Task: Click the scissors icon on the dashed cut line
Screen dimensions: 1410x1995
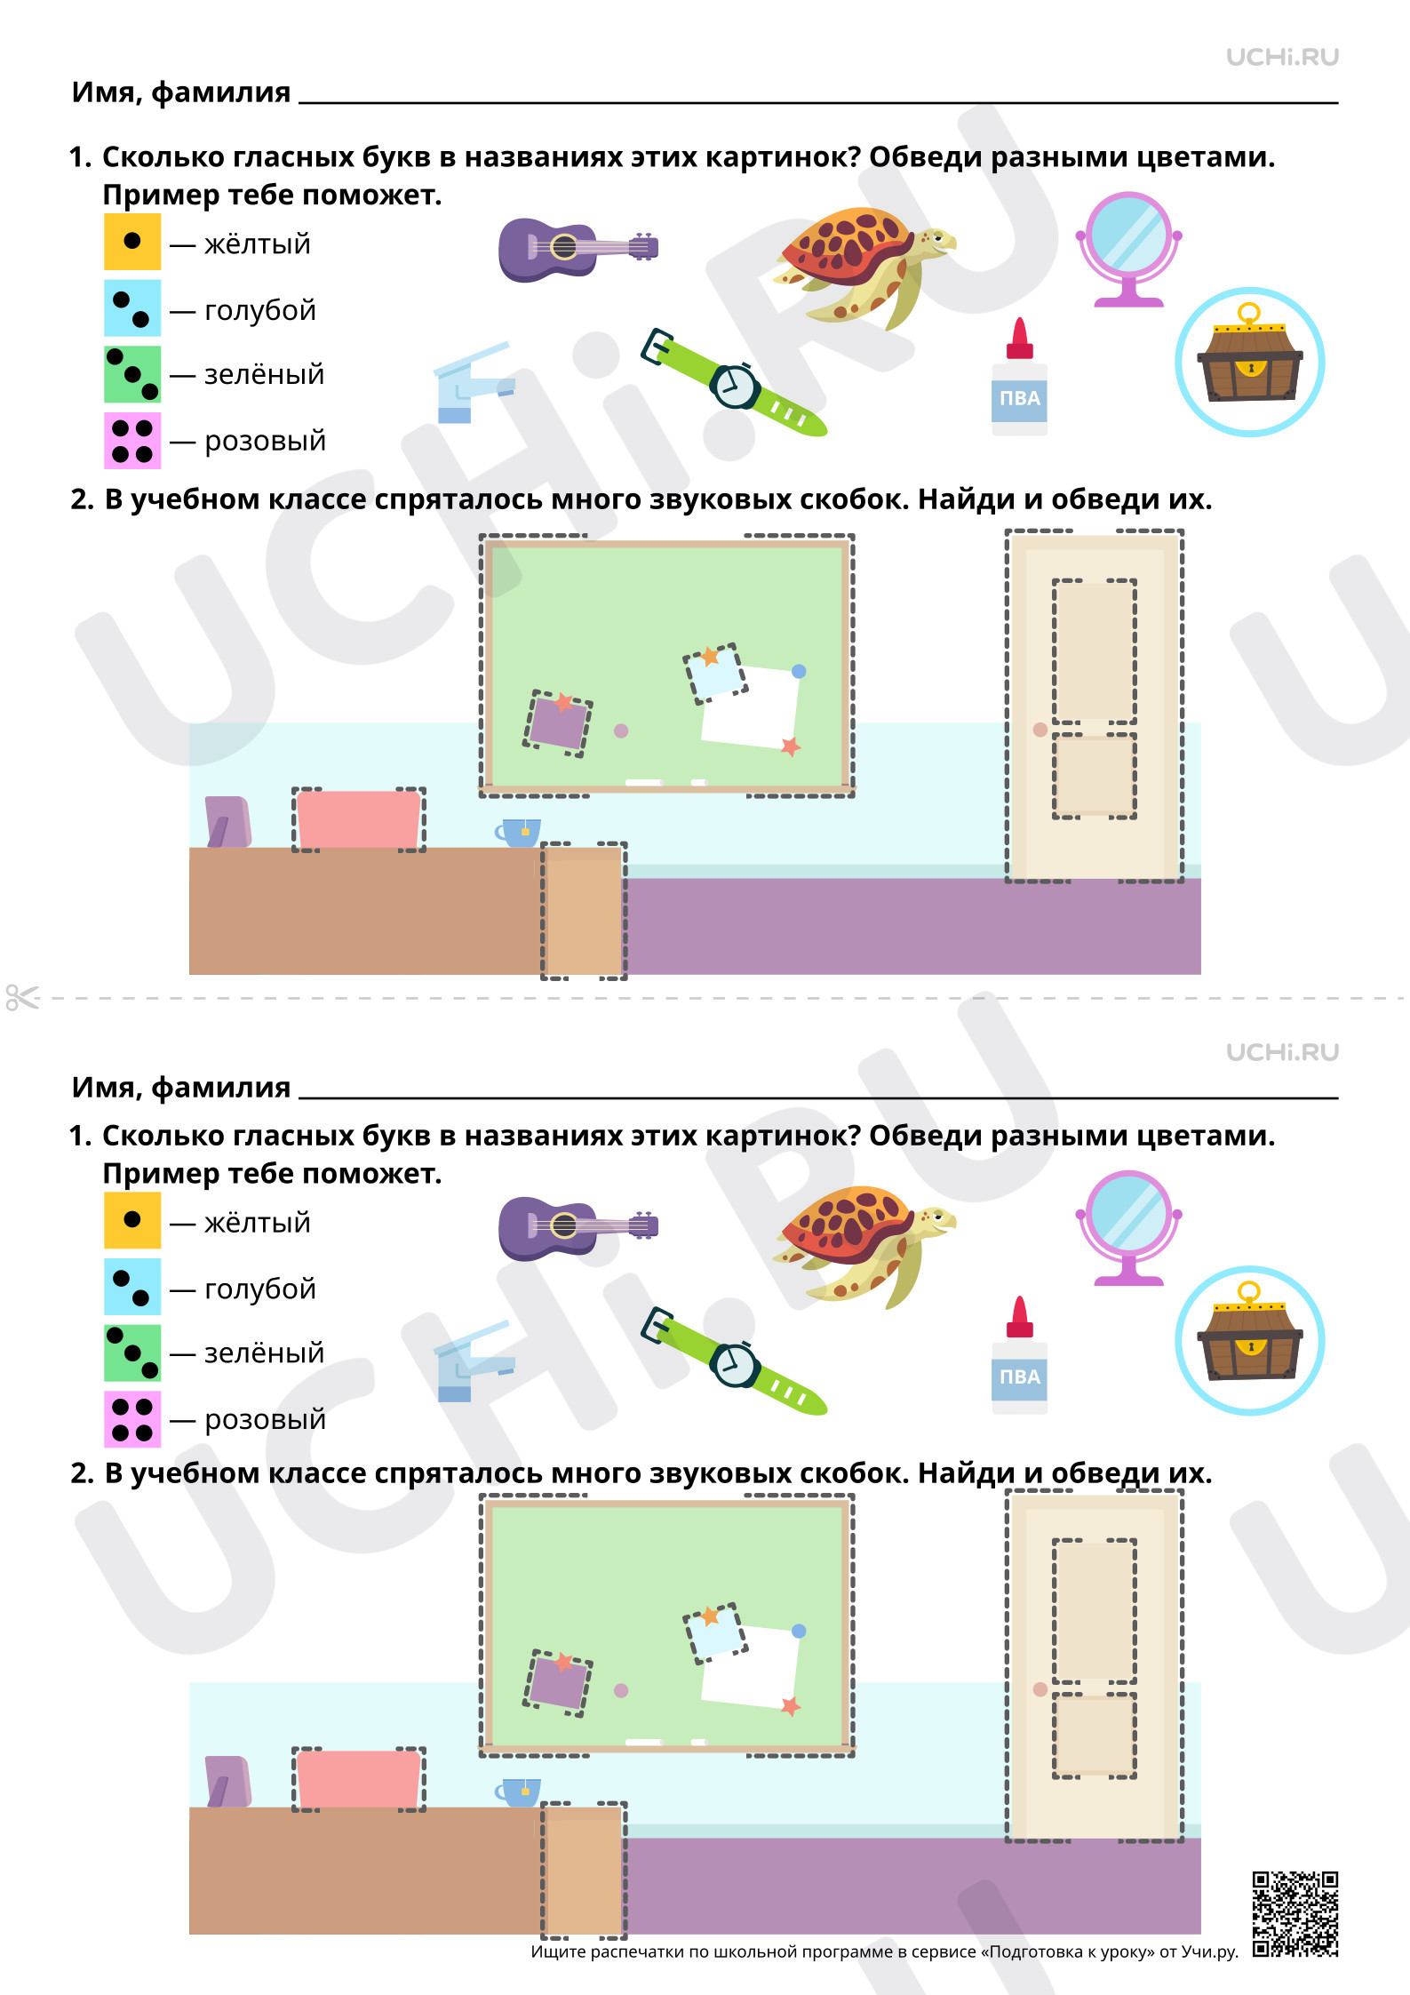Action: pyautogui.click(x=22, y=997)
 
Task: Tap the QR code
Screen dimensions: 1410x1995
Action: pyautogui.click(x=1295, y=1914)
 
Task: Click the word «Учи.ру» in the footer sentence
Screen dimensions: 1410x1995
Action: pyautogui.click(x=1209, y=1951)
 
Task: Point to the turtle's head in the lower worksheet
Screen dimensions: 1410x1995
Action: pyautogui.click(x=935, y=1218)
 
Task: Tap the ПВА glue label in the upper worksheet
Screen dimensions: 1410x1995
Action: pyautogui.click(x=1019, y=398)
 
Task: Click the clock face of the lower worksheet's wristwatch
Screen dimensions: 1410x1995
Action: pyautogui.click(x=735, y=1365)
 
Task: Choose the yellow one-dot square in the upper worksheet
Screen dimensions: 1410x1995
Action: pyautogui.click(x=132, y=241)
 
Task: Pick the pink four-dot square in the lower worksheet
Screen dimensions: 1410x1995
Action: pyautogui.click(x=132, y=1419)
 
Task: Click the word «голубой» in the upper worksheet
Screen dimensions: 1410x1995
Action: pyautogui.click(x=260, y=310)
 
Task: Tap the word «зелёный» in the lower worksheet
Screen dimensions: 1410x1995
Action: pyautogui.click(x=265, y=1353)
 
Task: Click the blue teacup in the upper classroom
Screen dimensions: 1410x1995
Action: pyautogui.click(x=518, y=833)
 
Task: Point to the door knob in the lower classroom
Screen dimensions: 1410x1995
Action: pyautogui.click(x=1040, y=1689)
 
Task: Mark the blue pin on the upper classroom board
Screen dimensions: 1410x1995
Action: pyautogui.click(x=799, y=671)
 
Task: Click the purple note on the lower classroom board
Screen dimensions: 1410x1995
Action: pyautogui.click(x=558, y=1681)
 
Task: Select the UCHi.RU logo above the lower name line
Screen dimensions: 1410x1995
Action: pyautogui.click(x=1282, y=1052)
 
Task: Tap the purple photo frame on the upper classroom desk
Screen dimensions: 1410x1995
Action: pyautogui.click(x=227, y=821)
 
